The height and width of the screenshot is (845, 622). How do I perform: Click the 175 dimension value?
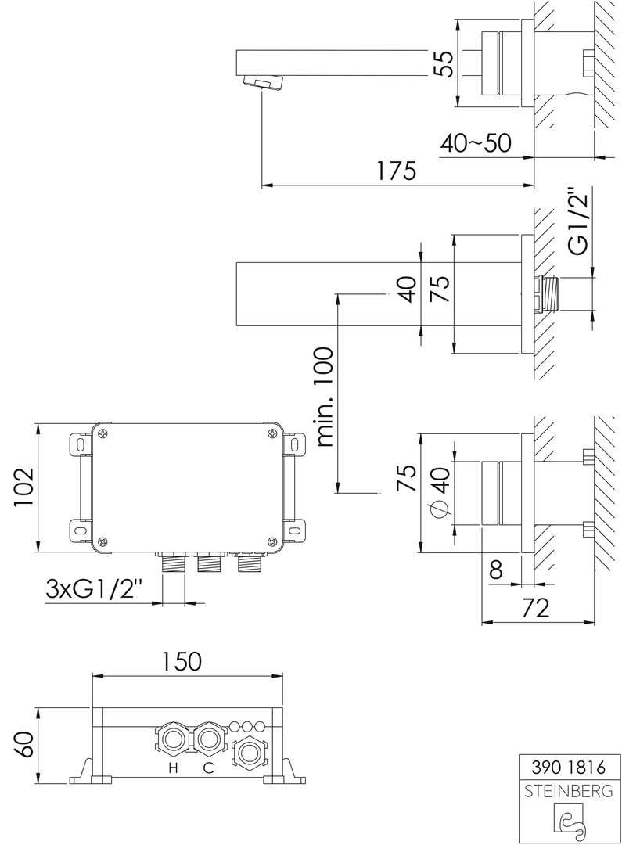397,171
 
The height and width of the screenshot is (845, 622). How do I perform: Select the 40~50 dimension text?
476,143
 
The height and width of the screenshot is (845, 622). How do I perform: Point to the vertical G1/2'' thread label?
578,221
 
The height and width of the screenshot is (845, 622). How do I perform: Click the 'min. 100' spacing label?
325,397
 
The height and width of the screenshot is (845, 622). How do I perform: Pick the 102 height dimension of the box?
23,487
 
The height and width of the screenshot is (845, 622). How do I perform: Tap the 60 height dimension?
23,745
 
